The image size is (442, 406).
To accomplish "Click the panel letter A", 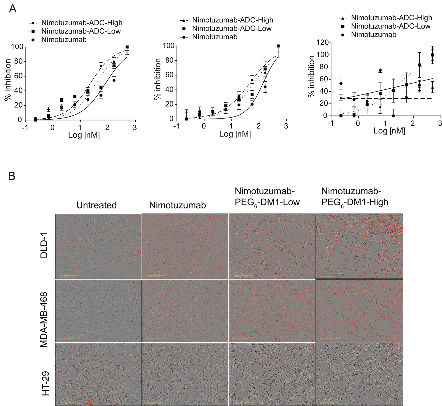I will [13, 8].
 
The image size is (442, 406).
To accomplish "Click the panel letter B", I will [12, 176].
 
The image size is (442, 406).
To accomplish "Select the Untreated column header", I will [97, 205].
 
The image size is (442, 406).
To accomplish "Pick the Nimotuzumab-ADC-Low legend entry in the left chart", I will [81, 31].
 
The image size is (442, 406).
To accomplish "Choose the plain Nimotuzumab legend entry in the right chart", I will [374, 34].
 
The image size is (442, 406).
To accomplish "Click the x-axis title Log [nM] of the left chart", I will [84, 135].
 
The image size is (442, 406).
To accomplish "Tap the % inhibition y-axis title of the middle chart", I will [158, 79].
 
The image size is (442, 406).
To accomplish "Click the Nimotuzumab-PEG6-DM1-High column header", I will [355, 197].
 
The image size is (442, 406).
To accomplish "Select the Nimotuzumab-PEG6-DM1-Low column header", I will [267, 197].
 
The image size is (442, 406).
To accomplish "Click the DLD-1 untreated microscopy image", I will [98, 246].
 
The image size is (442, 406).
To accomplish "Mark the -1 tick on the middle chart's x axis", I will [176, 126].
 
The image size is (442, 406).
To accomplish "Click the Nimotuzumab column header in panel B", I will [177, 205].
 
